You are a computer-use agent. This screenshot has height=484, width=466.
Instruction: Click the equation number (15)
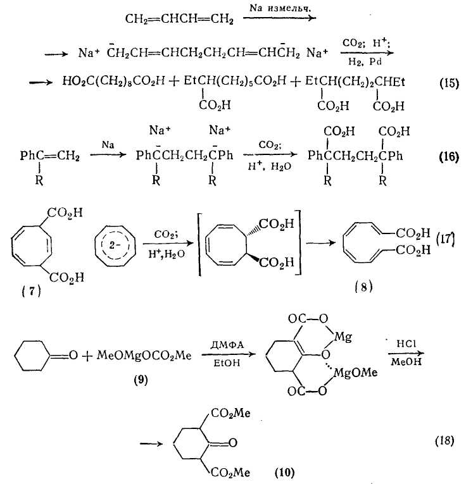449,84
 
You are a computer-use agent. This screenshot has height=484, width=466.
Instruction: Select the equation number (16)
449,156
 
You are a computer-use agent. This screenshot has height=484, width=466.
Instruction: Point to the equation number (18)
444,440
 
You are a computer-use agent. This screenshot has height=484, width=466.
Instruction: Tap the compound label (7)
32,291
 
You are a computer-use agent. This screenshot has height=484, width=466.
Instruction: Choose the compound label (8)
363,287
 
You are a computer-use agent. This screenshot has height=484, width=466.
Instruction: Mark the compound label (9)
141,380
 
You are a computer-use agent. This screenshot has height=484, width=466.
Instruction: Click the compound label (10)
284,472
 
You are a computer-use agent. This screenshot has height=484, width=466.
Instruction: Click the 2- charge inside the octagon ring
114,245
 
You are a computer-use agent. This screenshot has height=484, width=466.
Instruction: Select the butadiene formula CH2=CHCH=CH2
179,19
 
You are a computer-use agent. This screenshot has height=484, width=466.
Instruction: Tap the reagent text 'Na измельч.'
280,8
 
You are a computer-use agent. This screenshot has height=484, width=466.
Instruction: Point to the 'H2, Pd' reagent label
365,62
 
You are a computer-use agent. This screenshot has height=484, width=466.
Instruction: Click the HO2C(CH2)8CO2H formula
113,82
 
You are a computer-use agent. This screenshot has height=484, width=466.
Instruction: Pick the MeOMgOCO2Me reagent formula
144,356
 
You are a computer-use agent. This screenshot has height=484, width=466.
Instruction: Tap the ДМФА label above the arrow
227,345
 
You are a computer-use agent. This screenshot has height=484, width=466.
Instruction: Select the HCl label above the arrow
406,344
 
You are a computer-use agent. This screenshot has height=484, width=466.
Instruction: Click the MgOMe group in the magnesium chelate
355,373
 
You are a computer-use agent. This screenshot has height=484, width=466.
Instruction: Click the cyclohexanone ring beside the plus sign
32,356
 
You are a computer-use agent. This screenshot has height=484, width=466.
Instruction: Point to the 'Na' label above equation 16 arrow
108,144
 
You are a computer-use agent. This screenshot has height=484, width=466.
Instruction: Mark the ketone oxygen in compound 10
232,443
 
